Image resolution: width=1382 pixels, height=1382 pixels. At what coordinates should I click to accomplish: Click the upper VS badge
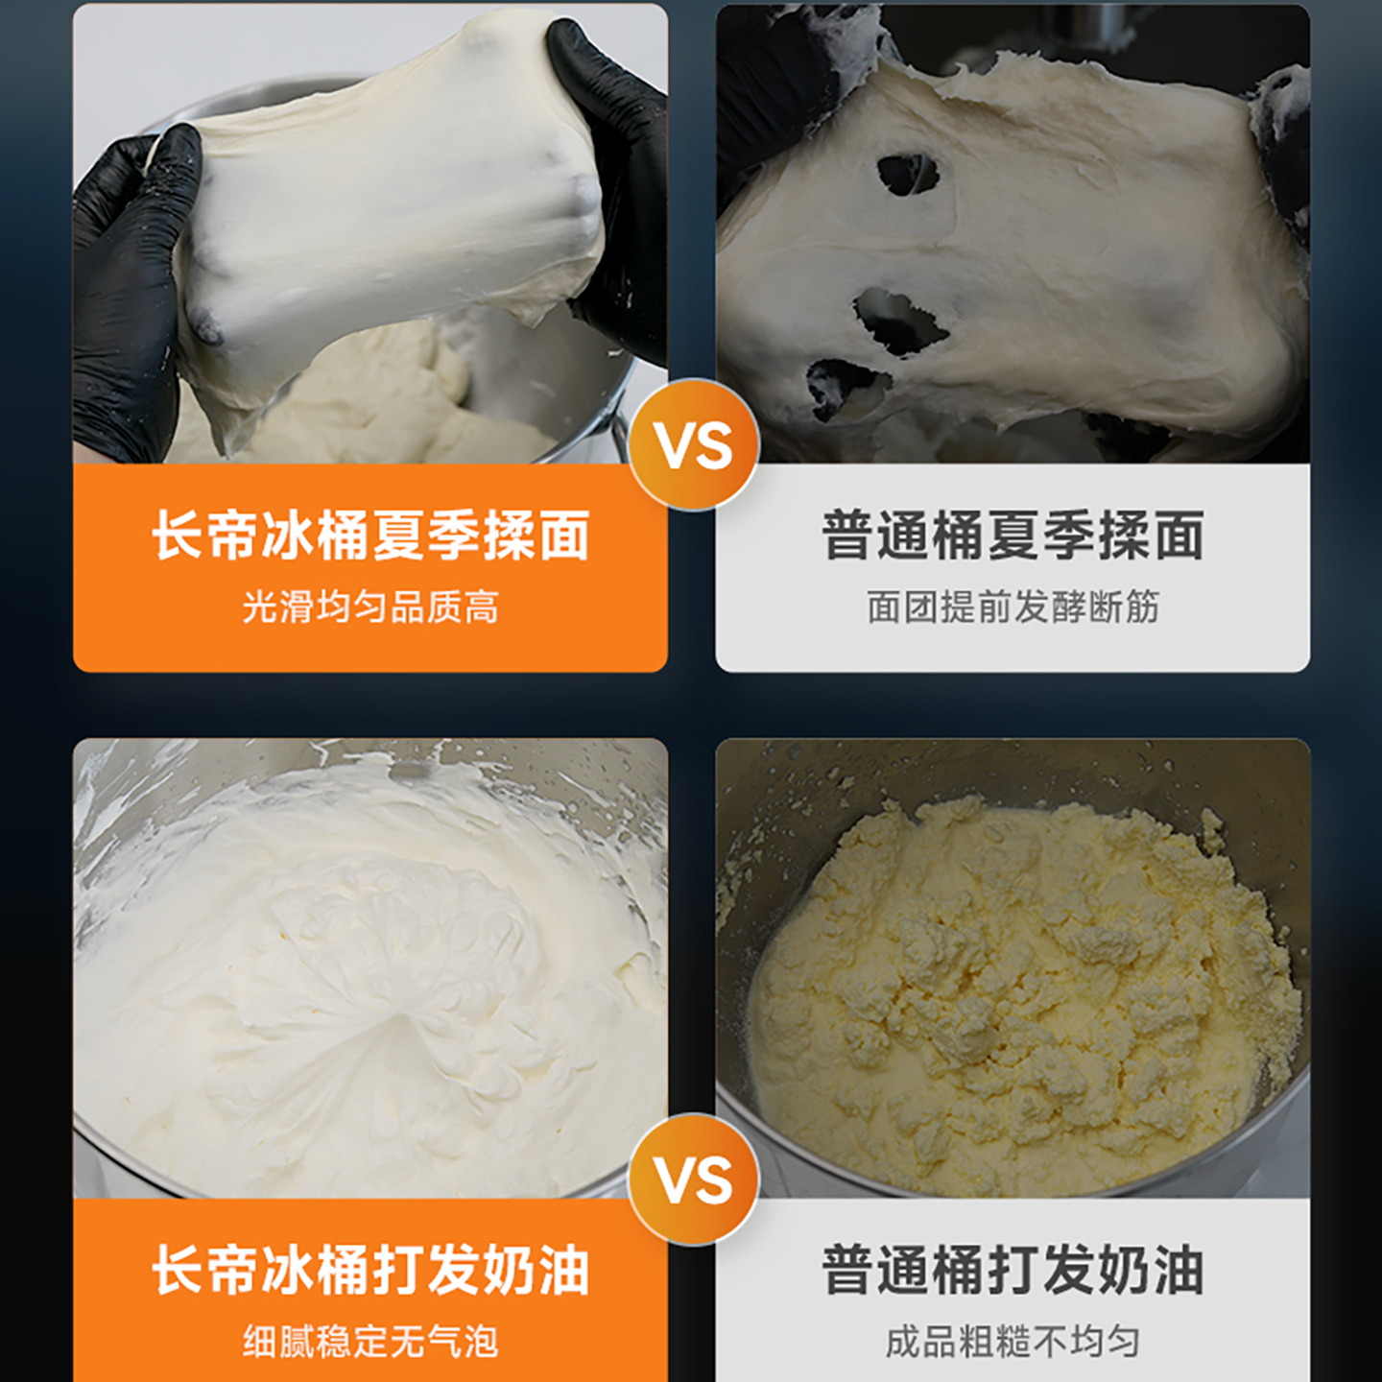tap(694, 444)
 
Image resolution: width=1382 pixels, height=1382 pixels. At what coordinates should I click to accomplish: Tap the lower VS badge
tap(694, 1179)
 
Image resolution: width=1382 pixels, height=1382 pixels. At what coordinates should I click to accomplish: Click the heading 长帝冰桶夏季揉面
tap(370, 535)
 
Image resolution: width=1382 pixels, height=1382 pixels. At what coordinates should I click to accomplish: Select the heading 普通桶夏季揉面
tap(1013, 535)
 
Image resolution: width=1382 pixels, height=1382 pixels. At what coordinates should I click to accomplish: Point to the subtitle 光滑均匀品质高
tap(370, 607)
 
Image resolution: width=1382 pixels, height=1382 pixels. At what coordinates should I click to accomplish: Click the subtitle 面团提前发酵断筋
tap(1013, 607)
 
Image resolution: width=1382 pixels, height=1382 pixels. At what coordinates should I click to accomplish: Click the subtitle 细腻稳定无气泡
tap(370, 1341)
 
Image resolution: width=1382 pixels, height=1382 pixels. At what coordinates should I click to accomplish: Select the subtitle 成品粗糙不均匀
tap(1013, 1341)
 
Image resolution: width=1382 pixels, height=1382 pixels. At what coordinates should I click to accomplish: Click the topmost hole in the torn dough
tap(907, 175)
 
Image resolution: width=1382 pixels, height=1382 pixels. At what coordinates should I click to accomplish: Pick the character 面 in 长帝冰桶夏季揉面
tap(563, 535)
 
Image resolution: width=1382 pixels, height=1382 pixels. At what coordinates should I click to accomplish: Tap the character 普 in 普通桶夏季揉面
tap(846, 535)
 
